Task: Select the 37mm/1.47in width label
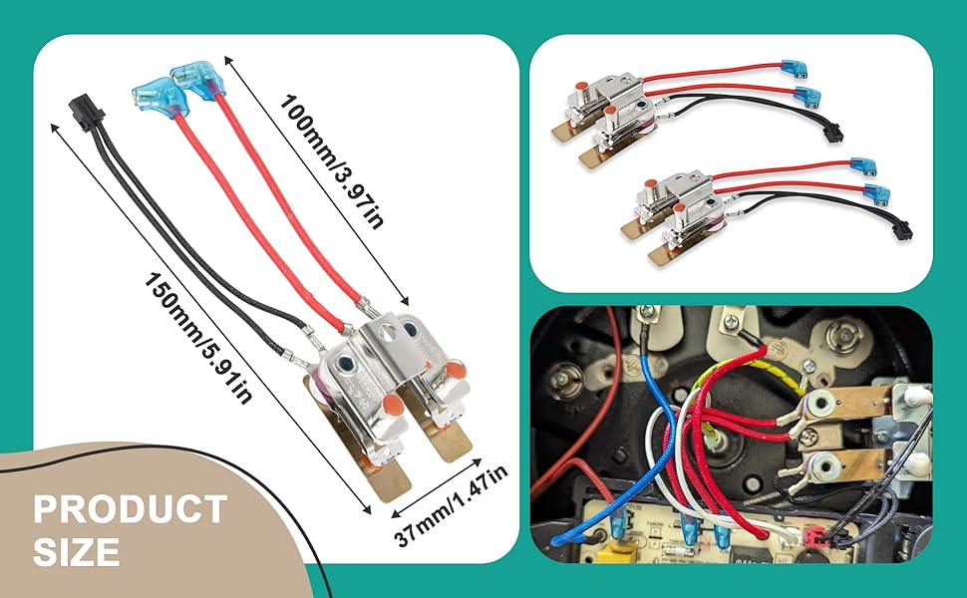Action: click(x=451, y=504)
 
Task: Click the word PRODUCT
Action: click(x=131, y=509)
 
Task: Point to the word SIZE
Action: click(x=77, y=552)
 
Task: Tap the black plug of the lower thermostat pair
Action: click(x=903, y=230)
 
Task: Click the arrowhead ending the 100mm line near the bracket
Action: click(x=404, y=300)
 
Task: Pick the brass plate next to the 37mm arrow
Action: click(x=444, y=436)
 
